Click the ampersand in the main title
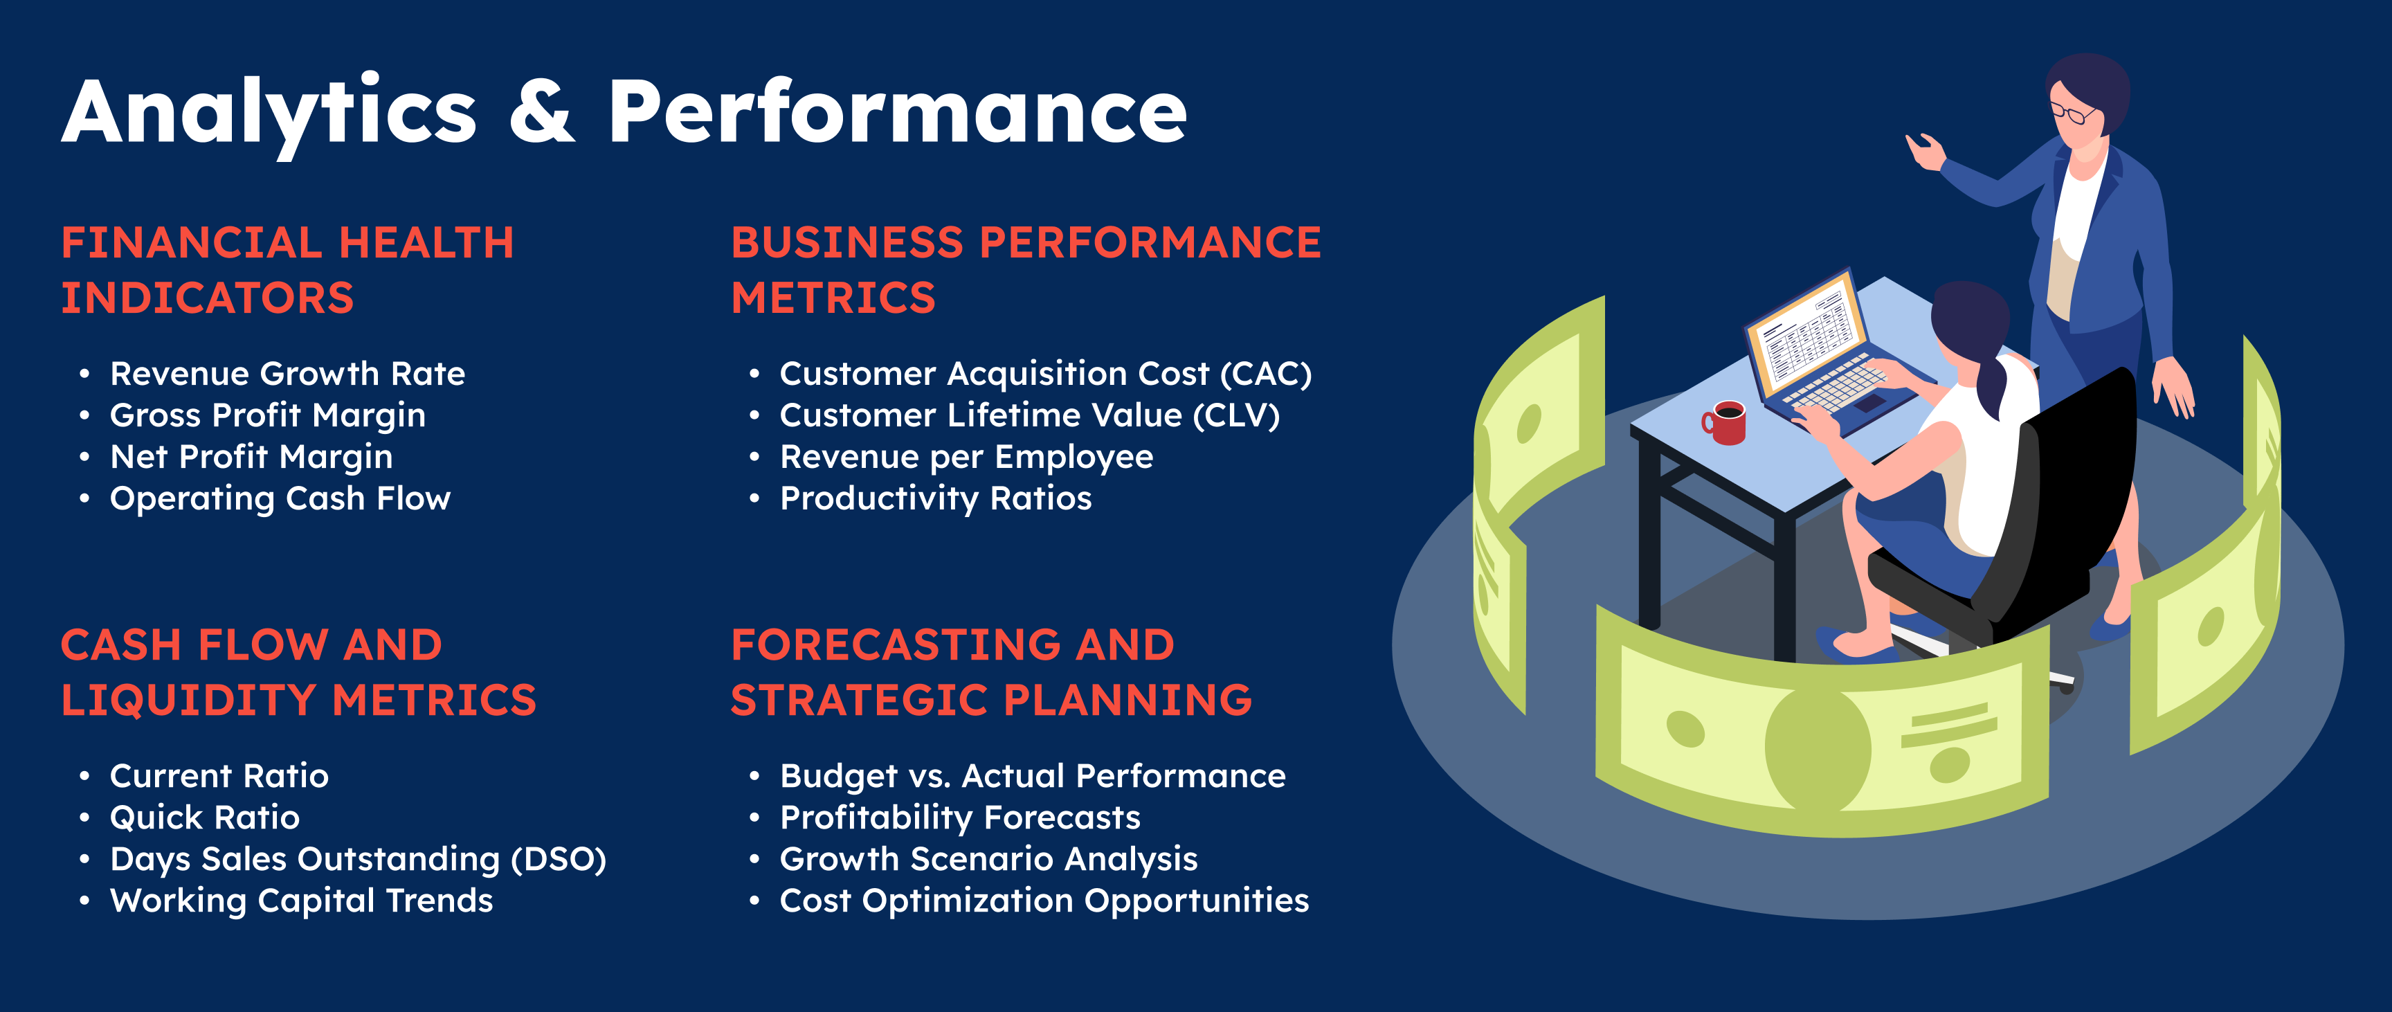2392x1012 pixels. coord(543,111)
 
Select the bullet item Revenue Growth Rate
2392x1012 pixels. coord(287,373)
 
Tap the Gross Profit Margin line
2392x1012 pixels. coord(267,416)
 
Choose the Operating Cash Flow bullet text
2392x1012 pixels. coord(280,498)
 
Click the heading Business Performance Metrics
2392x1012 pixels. coord(1025,270)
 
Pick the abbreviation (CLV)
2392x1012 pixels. coord(1235,416)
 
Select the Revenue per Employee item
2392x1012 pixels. coord(966,458)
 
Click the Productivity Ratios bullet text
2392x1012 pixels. coord(935,498)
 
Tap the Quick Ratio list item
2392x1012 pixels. coord(204,817)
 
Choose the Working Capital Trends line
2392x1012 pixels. coord(301,901)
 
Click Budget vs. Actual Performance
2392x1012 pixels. coord(1033,776)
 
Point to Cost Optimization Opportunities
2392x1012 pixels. coord(1044,901)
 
